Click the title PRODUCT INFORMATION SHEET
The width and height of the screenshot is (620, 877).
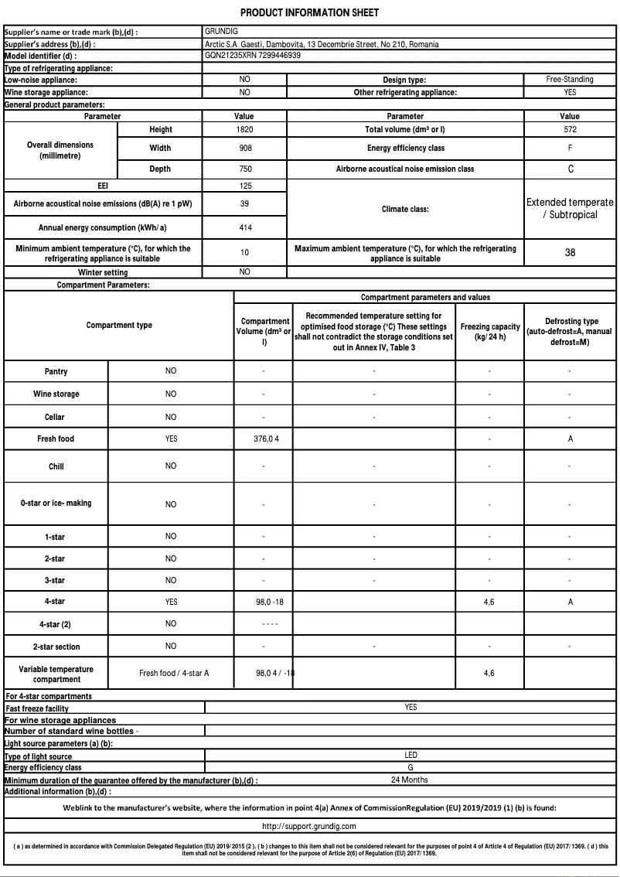point(309,13)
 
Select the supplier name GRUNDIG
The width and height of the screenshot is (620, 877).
point(222,32)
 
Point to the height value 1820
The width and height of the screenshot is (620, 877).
point(244,129)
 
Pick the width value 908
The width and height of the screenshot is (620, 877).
point(244,148)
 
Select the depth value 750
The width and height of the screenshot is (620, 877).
point(244,169)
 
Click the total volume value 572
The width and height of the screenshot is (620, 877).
point(570,129)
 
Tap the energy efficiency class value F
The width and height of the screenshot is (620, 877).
point(570,148)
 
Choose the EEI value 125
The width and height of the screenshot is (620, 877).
point(244,186)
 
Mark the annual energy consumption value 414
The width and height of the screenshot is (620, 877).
point(244,227)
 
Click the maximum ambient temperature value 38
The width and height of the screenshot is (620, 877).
point(570,252)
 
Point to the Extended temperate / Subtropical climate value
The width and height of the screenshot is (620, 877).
point(570,208)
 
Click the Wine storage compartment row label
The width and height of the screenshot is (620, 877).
point(56,394)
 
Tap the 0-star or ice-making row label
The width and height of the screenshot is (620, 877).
point(56,503)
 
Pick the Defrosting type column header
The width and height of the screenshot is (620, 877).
point(571,331)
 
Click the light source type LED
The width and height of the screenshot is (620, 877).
point(410,755)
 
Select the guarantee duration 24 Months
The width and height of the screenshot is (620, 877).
point(410,780)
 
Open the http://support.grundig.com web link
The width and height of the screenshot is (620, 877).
point(308,827)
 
